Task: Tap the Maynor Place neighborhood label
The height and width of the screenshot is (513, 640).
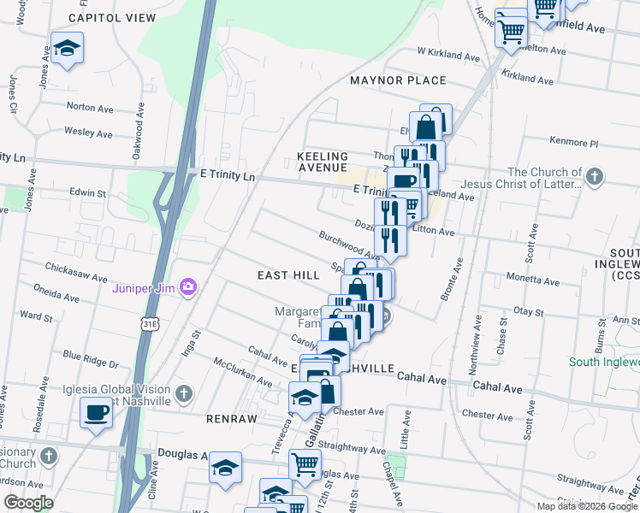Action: coord(398,80)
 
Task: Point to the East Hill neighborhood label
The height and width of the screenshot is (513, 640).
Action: coord(288,275)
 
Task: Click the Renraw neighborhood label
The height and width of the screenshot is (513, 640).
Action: coord(227,420)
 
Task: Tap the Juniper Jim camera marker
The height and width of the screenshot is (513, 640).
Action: coord(187,287)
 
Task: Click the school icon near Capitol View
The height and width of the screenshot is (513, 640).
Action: coord(66,47)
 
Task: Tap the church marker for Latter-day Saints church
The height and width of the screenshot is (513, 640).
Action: coord(596,178)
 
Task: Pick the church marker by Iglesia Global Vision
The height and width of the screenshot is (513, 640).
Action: coord(182,393)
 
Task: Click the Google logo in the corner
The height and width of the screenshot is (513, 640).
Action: coord(28,503)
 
